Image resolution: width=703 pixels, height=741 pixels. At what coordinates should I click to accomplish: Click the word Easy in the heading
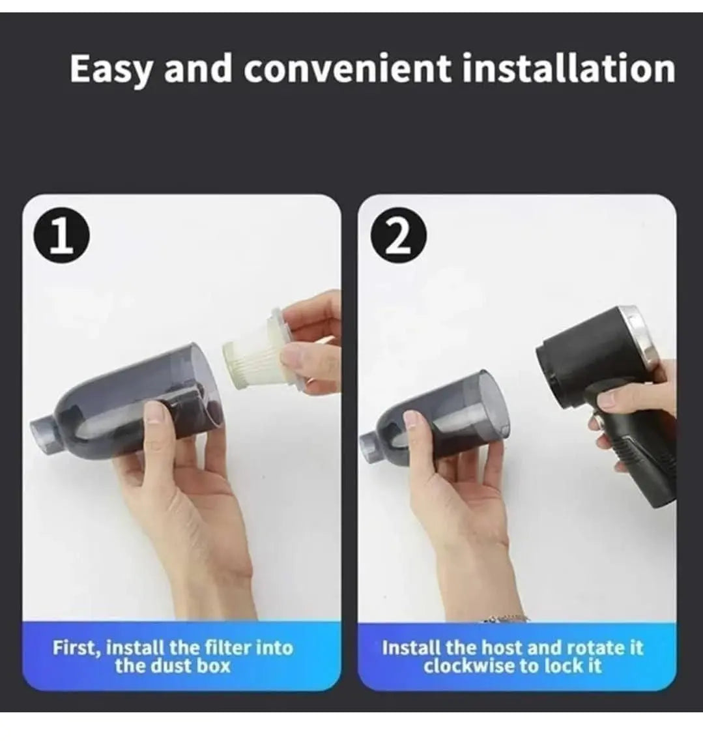click(111, 70)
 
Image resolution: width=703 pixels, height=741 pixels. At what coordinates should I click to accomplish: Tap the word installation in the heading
click(568, 68)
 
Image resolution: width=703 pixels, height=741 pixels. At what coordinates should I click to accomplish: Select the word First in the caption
click(76, 648)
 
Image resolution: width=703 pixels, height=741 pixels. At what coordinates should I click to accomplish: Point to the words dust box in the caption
click(188, 666)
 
